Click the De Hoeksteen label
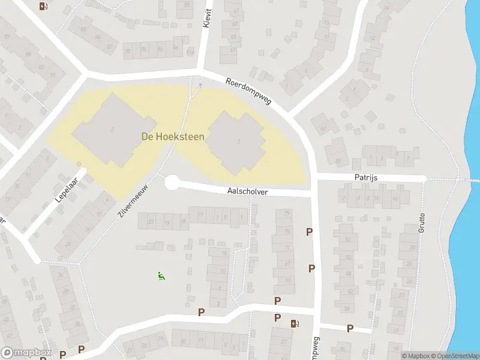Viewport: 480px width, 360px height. pyautogui.click(x=173, y=137)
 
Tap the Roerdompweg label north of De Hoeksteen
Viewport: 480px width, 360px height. pyautogui.click(x=249, y=91)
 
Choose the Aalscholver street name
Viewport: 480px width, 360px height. pyautogui.click(x=247, y=192)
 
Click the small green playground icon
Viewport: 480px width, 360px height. pyautogui.click(x=161, y=276)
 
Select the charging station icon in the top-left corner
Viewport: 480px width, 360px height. pyautogui.click(x=43, y=7)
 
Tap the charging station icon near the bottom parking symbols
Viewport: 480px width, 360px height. pyautogui.click(x=294, y=324)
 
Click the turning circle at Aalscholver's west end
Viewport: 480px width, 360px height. pyautogui.click(x=172, y=182)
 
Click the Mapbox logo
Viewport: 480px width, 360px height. pyautogui.click(x=26, y=352)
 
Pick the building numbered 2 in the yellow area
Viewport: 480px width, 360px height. pyautogui.click(x=112, y=129)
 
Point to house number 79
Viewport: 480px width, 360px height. pyautogui.click(x=287, y=213)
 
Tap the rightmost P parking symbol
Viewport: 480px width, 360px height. pyautogui.click(x=350, y=328)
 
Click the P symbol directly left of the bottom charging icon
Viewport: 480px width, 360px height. pyautogui.click(x=277, y=318)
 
